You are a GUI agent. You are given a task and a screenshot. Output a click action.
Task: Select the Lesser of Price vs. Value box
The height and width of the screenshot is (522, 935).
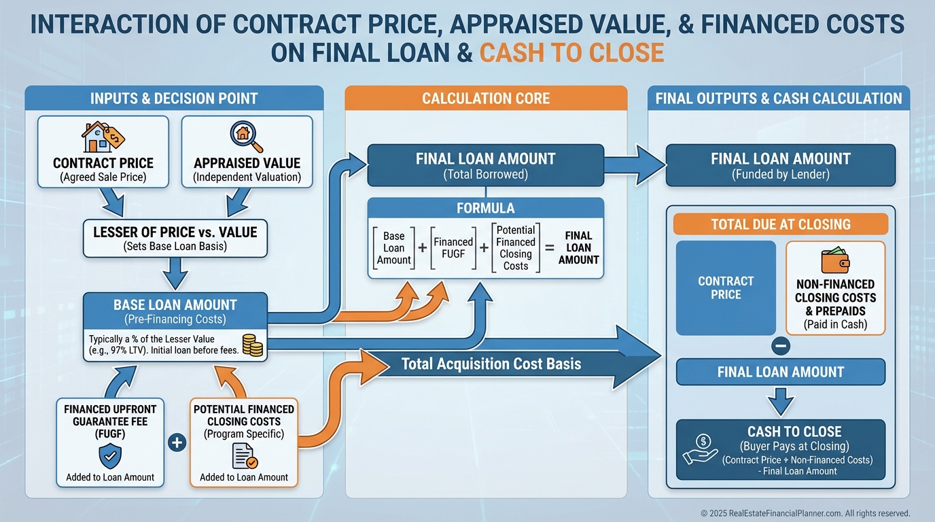[x=175, y=239]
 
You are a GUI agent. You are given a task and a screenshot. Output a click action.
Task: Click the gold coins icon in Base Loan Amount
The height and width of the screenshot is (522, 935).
[x=251, y=345]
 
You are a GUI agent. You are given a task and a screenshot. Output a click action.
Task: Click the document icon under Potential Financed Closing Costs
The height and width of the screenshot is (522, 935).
[x=244, y=455]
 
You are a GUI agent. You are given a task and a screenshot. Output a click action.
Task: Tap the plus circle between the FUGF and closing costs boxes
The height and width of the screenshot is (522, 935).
[x=176, y=443]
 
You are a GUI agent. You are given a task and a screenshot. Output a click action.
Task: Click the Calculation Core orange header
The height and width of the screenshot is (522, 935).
[x=486, y=98]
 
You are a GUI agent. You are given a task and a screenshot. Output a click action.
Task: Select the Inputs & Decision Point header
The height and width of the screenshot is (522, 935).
[x=174, y=98]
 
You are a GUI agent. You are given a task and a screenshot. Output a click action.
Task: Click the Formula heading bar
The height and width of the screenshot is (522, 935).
[x=486, y=208]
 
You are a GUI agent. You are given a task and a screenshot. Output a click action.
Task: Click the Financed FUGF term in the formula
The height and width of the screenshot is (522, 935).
[x=453, y=248]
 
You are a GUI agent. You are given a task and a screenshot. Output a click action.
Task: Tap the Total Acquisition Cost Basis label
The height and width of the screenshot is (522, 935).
[x=491, y=364]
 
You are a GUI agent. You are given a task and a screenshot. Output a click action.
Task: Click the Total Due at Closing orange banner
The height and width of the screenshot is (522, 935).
[x=780, y=224]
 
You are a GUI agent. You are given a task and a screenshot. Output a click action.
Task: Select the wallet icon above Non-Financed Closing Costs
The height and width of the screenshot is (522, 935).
[x=835, y=260]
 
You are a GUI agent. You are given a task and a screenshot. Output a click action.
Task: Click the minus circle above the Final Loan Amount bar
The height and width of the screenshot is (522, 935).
[x=781, y=346]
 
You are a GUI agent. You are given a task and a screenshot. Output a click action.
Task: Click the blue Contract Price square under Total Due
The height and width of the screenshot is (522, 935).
[x=726, y=288]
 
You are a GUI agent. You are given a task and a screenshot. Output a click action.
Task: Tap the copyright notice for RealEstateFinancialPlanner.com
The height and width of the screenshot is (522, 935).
[x=805, y=513]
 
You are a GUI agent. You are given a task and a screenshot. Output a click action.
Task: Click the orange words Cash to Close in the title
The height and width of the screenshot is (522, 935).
[x=571, y=52]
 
